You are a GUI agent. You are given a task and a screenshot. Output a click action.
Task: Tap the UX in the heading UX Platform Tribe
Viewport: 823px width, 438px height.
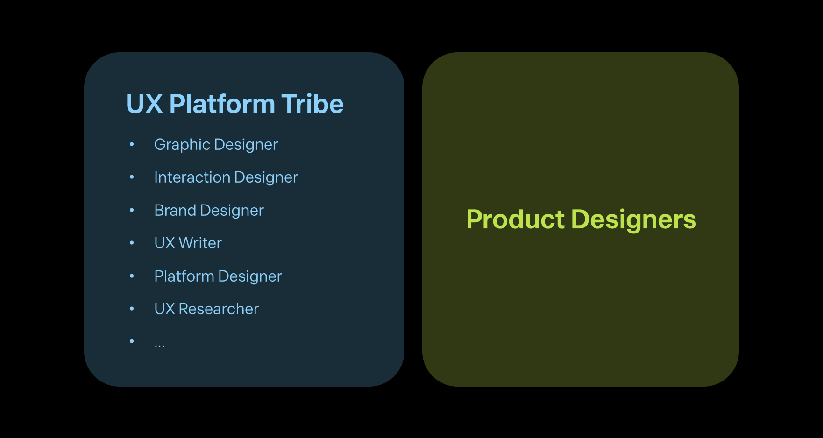point(144,104)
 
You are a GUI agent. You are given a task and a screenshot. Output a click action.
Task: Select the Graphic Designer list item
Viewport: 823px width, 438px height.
point(216,145)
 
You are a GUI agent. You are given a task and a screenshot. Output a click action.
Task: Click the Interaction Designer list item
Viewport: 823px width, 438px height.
point(226,177)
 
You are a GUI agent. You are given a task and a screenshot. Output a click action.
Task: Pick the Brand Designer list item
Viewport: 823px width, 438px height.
point(209,211)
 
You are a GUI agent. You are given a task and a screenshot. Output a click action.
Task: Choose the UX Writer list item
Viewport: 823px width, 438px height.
point(188,243)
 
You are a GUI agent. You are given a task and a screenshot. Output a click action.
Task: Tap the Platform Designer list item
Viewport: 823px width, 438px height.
point(218,276)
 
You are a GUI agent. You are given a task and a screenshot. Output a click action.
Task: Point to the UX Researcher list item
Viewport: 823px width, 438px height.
point(206,309)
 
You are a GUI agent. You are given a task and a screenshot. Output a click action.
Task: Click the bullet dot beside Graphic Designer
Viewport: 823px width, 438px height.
point(132,145)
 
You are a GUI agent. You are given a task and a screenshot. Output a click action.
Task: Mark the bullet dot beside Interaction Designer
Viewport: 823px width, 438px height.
point(132,177)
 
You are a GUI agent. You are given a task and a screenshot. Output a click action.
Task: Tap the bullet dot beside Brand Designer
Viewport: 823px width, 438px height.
point(132,211)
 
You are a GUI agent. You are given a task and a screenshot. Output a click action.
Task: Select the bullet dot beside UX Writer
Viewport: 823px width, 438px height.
point(132,243)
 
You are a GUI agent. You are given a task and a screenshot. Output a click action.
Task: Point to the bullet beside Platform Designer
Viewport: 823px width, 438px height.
point(132,276)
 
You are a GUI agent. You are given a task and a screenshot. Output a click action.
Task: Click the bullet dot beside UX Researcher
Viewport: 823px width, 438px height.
point(132,309)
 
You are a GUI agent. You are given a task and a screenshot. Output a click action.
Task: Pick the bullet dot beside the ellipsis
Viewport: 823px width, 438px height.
point(132,342)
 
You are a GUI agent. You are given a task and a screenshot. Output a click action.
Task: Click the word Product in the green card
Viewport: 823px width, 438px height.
point(516,219)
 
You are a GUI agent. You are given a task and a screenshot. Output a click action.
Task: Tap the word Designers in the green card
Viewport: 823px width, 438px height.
point(634,220)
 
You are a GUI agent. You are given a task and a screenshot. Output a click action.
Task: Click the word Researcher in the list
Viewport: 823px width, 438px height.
point(219,309)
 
